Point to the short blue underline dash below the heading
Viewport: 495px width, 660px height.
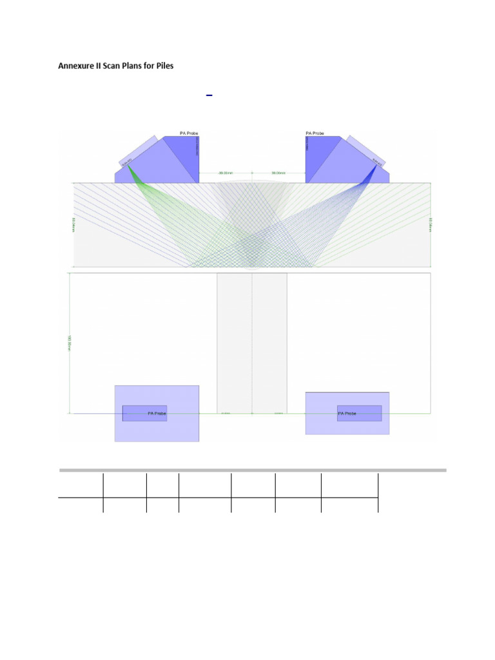coord(209,95)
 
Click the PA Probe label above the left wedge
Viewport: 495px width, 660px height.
coord(189,133)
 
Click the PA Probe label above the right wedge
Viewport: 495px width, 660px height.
coord(315,133)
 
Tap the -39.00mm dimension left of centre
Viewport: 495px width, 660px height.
coord(226,173)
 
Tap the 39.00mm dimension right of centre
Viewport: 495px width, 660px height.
coord(278,173)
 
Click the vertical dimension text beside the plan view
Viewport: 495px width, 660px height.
coord(68,342)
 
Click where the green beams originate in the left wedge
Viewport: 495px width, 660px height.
coord(128,165)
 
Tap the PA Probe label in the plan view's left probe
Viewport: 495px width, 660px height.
coord(157,414)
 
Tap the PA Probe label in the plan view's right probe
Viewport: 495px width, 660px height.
coord(347,414)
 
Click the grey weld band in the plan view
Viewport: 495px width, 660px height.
coord(252,342)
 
